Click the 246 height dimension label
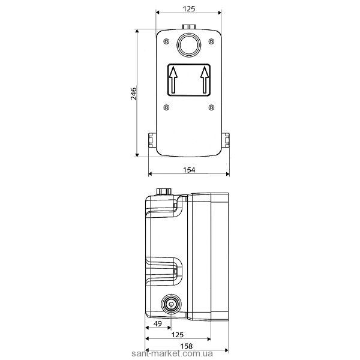(x=133, y=94)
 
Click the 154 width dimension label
(x=189, y=170)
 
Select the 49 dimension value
(x=157, y=324)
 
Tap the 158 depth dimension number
(x=186, y=346)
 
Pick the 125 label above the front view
(x=189, y=9)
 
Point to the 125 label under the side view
(x=178, y=335)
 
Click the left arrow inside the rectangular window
(x=173, y=80)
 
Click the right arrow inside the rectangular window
(x=205, y=80)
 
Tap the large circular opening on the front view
(x=189, y=45)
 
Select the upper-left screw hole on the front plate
(x=166, y=41)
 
